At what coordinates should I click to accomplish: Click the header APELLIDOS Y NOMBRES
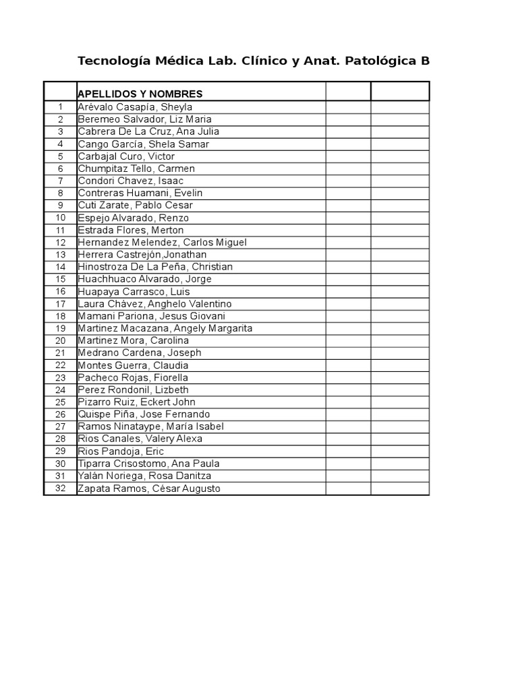coord(140,94)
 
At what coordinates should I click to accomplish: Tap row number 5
coord(61,156)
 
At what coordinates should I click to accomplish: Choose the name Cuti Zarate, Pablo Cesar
coord(135,206)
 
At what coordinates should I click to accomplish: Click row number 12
coord(61,243)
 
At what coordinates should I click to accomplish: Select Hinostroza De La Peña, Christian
coord(155,267)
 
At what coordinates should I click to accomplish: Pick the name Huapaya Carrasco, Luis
coord(134,292)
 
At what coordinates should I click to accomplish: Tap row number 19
coord(61,328)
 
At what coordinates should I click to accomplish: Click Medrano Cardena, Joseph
coord(140,353)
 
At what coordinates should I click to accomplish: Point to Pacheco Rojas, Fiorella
coord(133,378)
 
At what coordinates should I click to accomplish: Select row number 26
coord(61,414)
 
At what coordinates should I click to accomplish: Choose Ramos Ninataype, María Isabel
coord(150,427)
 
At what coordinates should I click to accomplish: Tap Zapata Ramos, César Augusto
coord(149,489)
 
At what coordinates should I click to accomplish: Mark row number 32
coord(61,489)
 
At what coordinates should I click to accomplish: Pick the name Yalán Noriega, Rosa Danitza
coord(144,476)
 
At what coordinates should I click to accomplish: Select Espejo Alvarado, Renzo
coord(133,218)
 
